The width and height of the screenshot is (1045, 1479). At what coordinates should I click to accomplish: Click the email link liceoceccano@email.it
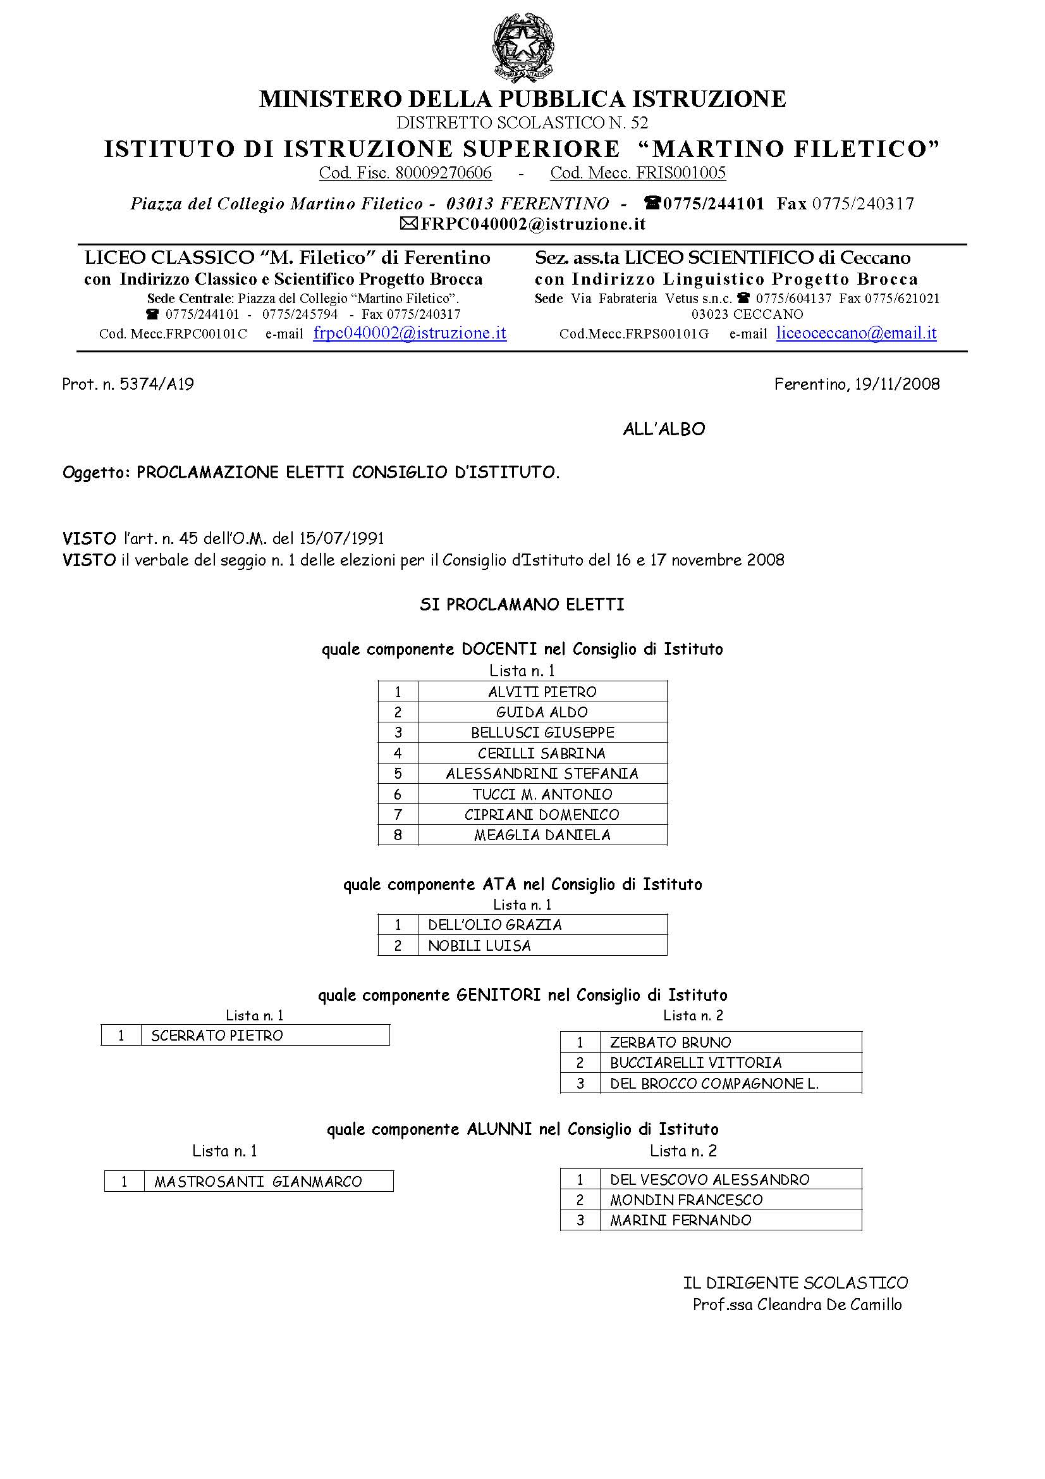856,333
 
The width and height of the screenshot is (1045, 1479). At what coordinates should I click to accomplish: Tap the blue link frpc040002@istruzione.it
410,333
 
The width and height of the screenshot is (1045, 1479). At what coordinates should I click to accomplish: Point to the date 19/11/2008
897,385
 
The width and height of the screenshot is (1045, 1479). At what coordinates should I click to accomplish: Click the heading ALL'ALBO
664,429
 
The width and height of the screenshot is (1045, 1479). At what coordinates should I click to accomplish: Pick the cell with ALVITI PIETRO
542,692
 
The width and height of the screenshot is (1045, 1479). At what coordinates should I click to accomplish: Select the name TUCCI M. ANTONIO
542,795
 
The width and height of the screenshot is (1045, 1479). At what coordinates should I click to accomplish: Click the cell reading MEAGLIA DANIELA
542,835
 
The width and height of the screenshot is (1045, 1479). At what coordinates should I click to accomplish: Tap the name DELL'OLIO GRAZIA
494,925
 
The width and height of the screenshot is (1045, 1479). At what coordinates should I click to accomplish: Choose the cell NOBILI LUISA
479,946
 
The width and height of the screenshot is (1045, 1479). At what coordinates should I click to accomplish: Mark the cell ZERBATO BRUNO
670,1043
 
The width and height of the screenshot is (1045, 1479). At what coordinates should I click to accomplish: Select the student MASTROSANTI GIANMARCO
258,1182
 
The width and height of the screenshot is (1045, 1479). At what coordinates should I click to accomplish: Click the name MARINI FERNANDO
681,1220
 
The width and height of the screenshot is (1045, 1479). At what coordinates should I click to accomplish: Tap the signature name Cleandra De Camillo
829,1304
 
